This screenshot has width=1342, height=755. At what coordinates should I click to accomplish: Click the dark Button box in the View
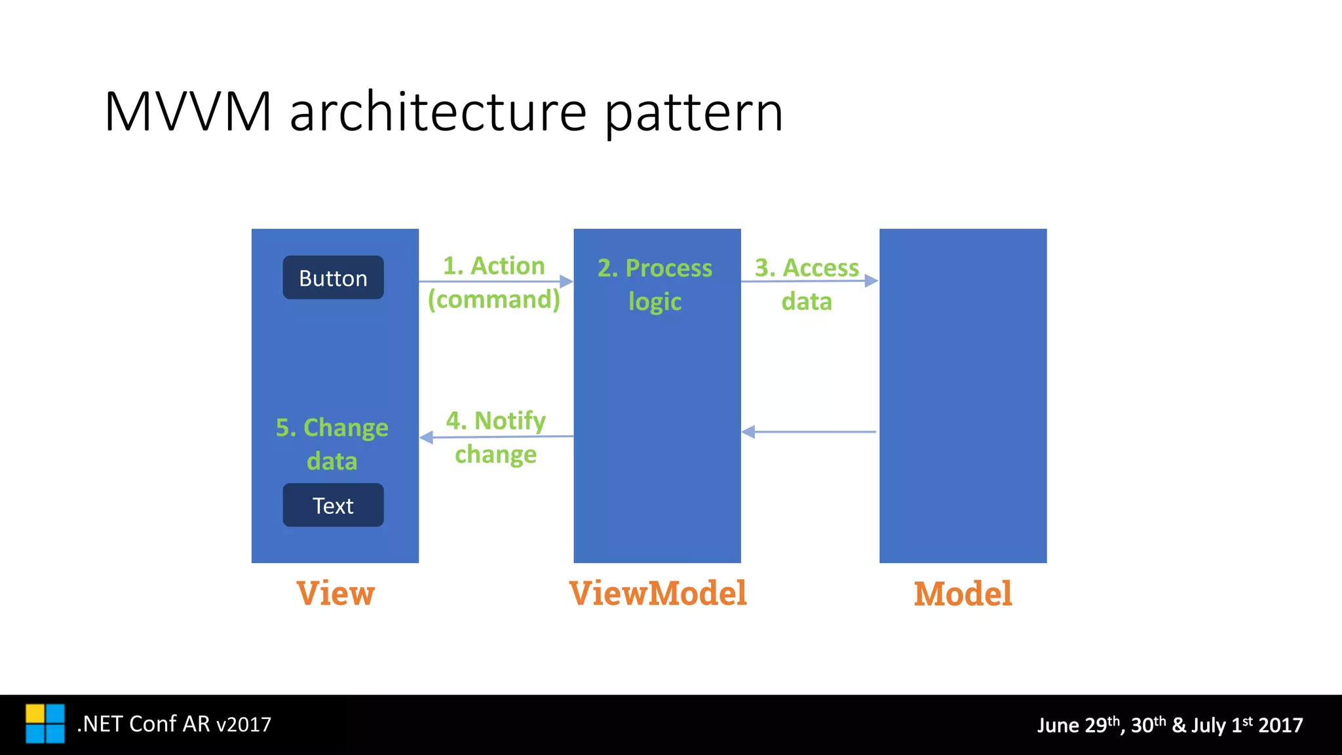click(x=333, y=278)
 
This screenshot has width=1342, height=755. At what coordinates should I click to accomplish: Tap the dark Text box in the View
click(x=333, y=505)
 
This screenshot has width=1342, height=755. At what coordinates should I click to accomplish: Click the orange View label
click(x=335, y=594)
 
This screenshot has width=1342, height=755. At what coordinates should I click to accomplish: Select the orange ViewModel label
click(x=658, y=594)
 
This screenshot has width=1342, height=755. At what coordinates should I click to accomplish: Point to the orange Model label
click(x=963, y=594)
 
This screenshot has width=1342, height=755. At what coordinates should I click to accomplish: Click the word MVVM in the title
click(x=187, y=112)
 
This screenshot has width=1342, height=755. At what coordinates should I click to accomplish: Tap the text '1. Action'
click(x=494, y=265)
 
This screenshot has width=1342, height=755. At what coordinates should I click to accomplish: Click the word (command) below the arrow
click(x=494, y=300)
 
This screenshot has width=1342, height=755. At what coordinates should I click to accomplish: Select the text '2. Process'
click(x=655, y=268)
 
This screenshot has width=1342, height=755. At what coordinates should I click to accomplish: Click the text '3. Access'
click(x=807, y=268)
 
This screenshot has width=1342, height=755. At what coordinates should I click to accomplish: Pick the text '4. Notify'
click(x=496, y=420)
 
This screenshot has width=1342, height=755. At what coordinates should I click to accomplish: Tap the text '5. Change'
click(x=332, y=427)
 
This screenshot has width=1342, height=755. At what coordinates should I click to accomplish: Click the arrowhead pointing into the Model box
click(x=871, y=281)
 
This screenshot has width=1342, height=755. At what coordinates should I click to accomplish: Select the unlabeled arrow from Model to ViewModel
click(x=809, y=432)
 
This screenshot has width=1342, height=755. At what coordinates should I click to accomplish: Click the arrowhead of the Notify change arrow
click(x=427, y=437)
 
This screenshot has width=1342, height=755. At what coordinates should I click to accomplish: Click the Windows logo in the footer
click(x=45, y=724)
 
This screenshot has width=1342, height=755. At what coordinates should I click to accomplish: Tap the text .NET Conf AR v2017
click(x=174, y=724)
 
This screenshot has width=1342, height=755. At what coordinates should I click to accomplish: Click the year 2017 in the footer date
click(x=1280, y=726)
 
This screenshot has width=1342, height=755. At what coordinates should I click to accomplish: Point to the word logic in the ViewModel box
click(x=655, y=301)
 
